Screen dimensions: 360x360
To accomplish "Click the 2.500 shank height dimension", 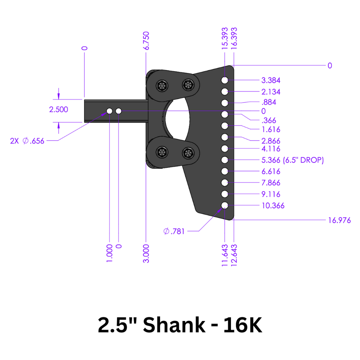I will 59,110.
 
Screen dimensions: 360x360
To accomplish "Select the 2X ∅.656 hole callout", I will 27,141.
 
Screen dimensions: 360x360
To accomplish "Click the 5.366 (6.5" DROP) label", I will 292,160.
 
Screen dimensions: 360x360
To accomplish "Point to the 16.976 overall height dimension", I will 339,220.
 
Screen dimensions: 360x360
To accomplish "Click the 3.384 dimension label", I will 271,81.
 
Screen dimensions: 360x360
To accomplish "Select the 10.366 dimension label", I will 273,206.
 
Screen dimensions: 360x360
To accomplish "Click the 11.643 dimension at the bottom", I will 225,256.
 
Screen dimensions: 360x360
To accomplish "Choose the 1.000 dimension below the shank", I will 109,253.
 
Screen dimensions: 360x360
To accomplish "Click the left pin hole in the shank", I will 109,111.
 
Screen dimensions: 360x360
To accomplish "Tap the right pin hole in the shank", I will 118,111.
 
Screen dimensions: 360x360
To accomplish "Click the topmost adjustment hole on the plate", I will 225,81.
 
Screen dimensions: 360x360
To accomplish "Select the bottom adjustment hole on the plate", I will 225,205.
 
